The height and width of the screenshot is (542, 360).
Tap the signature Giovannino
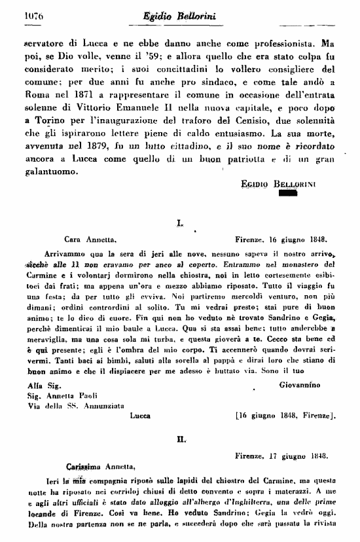307,386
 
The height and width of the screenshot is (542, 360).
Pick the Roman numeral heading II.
179,440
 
